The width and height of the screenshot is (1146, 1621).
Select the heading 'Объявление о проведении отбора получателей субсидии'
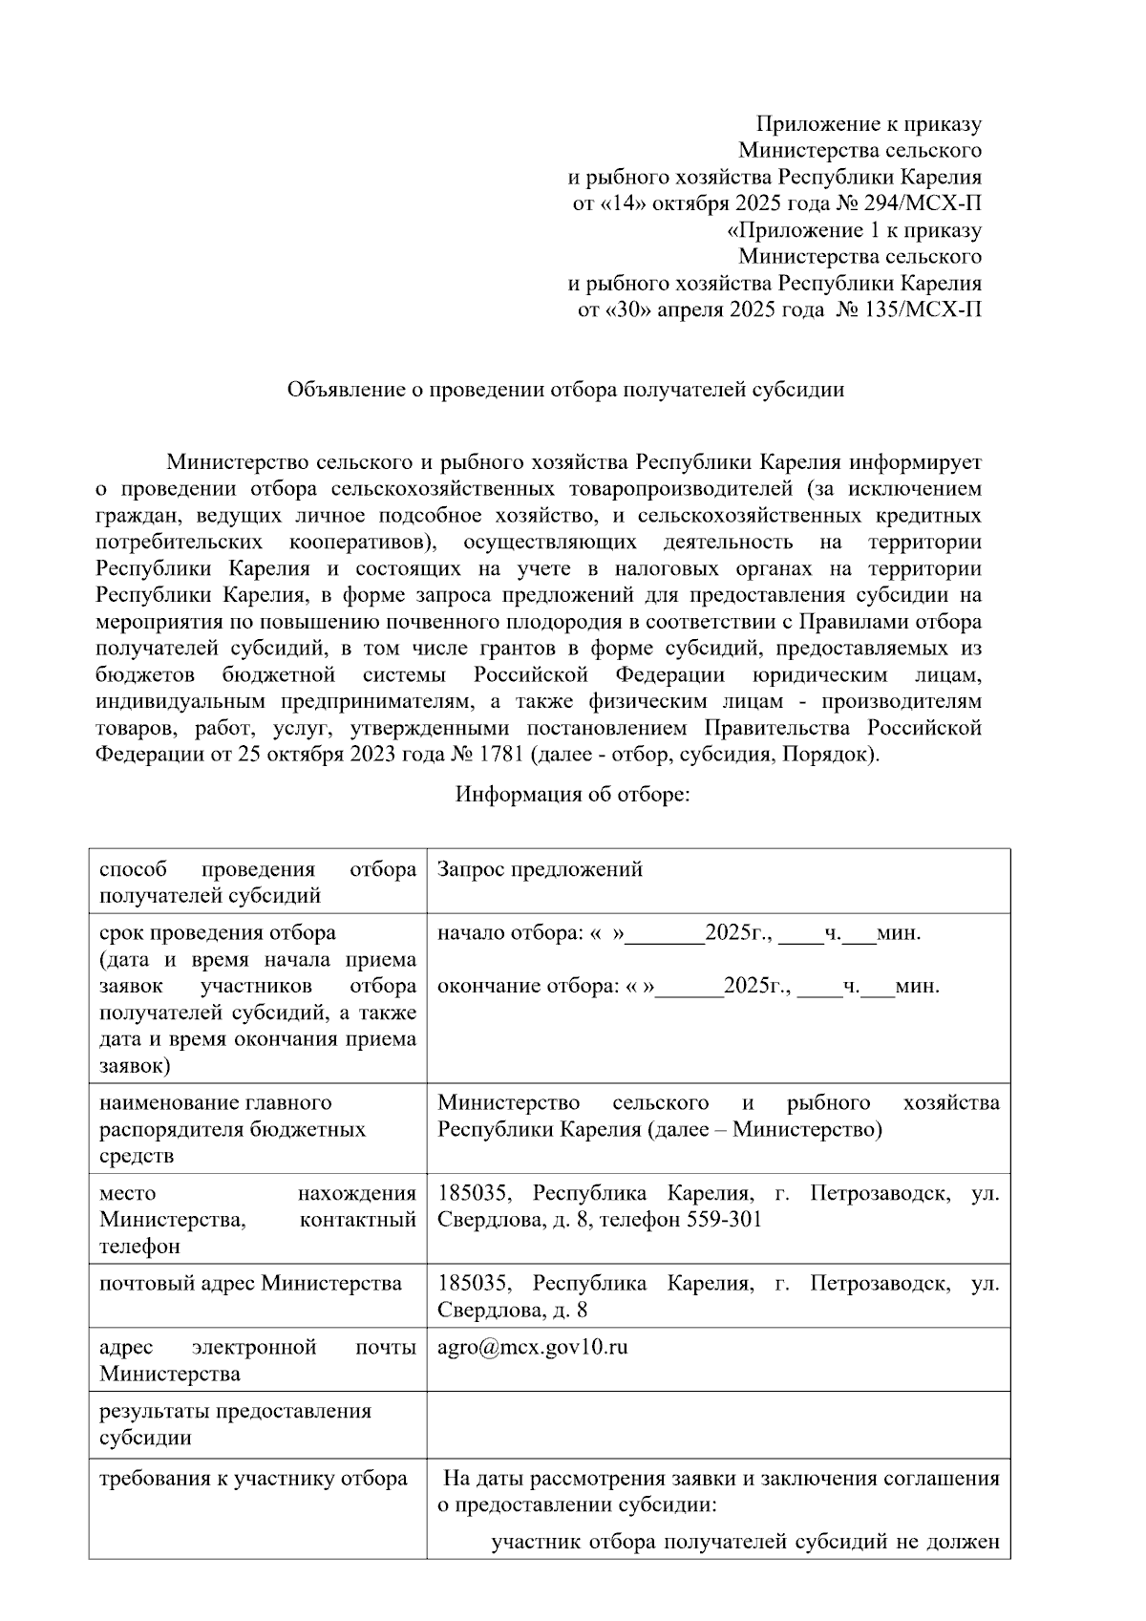[x=566, y=390]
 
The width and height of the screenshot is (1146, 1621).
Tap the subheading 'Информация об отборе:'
[x=572, y=795]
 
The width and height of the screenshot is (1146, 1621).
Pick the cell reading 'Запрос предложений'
[x=540, y=869]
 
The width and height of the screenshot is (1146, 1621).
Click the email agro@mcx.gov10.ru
[x=532, y=1348]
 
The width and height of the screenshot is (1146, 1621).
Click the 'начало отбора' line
[x=678, y=933]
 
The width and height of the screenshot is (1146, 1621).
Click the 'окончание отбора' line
[x=688, y=987]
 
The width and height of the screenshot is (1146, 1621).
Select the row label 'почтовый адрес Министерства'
[x=250, y=1283]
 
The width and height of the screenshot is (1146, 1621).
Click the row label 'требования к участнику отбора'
[x=253, y=1479]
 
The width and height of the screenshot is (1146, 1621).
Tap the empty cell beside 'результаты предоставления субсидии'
[x=717, y=1424]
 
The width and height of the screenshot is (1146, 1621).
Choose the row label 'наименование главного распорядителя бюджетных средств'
[x=232, y=1129]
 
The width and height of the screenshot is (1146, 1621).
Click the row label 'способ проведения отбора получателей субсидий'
[x=257, y=882]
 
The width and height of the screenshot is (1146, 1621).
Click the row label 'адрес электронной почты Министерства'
[x=257, y=1360]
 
